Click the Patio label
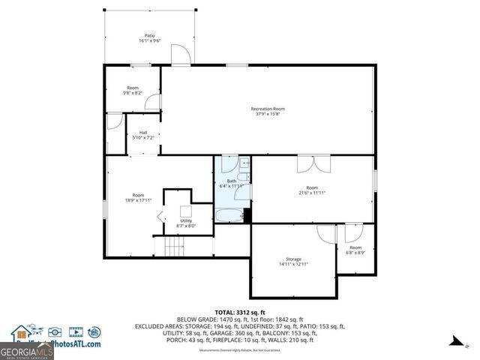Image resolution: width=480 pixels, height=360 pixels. point(150,35)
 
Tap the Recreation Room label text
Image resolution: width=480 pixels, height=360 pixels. point(267,109)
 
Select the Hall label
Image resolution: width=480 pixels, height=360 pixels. point(142,132)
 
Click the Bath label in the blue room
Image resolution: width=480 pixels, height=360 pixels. point(232,181)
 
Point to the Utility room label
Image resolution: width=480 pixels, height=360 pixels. point(185,220)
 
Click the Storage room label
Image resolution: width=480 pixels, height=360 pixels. point(293,259)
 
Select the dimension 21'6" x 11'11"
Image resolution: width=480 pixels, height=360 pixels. point(311,193)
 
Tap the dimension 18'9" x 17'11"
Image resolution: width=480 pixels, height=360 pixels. point(138,200)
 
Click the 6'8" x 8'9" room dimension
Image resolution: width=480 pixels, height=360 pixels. point(355,253)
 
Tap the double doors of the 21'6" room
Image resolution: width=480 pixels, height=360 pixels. point(313,164)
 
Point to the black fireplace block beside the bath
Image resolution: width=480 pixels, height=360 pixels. point(247,214)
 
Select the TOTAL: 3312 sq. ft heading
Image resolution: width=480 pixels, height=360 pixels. point(239,312)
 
